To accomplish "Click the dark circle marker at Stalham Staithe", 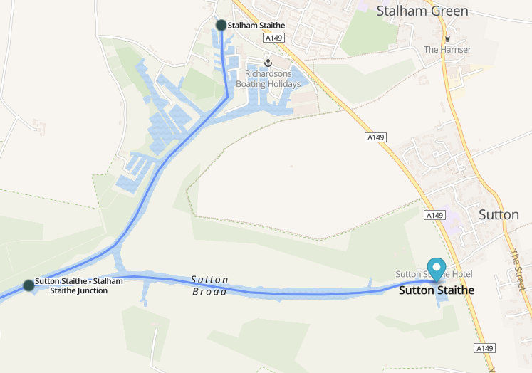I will (x=221, y=25).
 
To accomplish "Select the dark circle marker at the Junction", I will (x=28, y=285).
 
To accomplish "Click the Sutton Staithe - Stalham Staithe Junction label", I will (x=78, y=285).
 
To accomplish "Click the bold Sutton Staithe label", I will (x=436, y=290).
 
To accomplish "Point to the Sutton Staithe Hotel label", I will (x=434, y=275).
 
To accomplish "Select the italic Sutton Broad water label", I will (x=209, y=285).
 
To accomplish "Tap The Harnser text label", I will (x=447, y=50).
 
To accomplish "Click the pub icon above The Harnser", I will (x=447, y=38).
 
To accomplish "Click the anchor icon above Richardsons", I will (x=268, y=63).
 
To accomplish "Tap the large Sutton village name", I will (x=499, y=214).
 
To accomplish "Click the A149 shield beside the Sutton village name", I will (x=434, y=214).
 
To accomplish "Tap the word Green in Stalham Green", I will (x=447, y=11).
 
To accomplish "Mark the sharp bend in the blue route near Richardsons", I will (x=227, y=98).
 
